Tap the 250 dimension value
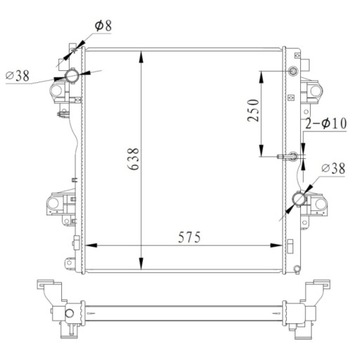tap(254, 110)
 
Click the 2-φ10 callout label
tap(322, 124)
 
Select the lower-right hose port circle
tap(299, 202)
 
